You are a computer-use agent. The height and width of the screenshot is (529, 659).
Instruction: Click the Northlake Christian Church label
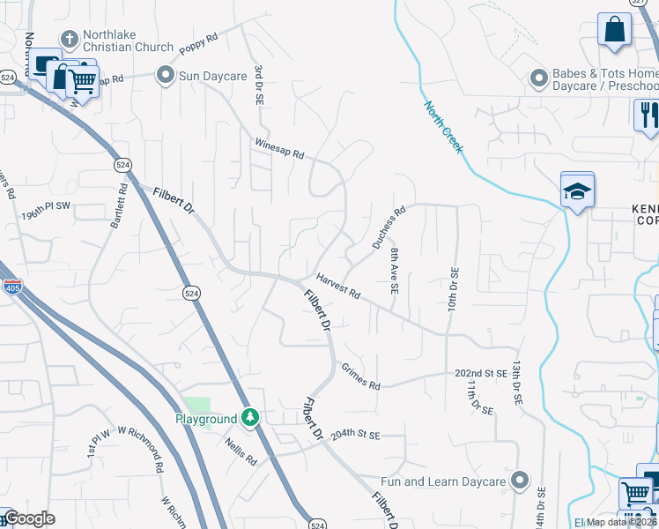pyautogui.click(x=128, y=40)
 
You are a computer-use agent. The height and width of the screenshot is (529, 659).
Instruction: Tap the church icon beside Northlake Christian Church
pyautogui.click(x=69, y=39)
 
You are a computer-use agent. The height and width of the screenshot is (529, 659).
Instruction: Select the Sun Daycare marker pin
pyautogui.click(x=165, y=76)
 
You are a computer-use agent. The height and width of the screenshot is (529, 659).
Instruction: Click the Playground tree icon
pyautogui.click(x=251, y=418)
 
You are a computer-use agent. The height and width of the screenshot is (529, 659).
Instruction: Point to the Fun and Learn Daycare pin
pyautogui.click(x=520, y=481)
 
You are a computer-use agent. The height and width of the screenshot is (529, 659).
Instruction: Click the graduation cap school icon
pyautogui.click(x=577, y=191)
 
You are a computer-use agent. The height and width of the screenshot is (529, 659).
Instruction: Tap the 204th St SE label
pyautogui.click(x=355, y=435)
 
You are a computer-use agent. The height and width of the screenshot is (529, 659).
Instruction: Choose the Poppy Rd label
pyautogui.click(x=197, y=46)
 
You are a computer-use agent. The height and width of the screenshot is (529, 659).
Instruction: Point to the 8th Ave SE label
pyautogui.click(x=395, y=271)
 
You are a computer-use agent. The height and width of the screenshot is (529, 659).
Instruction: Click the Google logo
pyautogui.click(x=29, y=518)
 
